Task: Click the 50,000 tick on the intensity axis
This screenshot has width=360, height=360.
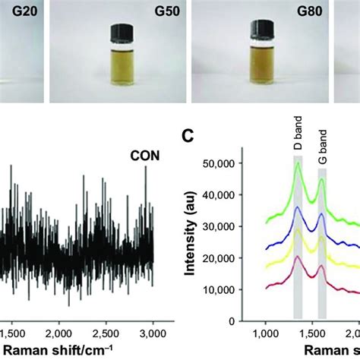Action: tap(226, 163)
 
